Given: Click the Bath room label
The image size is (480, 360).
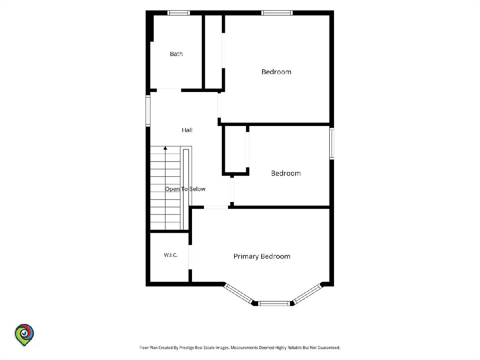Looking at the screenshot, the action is [176, 54].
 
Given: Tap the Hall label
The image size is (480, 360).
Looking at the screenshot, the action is [187, 130].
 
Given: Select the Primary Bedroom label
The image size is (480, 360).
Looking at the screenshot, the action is [262, 256].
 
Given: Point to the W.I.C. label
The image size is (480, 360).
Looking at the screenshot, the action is [170, 255].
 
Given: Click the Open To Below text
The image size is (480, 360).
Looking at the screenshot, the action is [185, 189].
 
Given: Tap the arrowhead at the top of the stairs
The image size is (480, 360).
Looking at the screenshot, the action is [165, 148].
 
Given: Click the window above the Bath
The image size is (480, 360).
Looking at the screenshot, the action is [179, 13].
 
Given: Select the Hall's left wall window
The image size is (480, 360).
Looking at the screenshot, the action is [148, 111].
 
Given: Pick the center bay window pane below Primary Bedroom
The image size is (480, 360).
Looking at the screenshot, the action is [274, 303].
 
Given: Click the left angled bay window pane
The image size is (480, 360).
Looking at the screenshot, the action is [238, 294].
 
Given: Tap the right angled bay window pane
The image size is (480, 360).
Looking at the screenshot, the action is [308, 294].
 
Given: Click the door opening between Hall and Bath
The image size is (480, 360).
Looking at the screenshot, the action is [169, 90].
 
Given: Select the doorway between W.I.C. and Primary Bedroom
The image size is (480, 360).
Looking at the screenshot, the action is [190, 257].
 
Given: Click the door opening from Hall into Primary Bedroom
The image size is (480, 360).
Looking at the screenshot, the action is [216, 207].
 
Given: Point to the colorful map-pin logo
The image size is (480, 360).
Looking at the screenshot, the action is [24, 335].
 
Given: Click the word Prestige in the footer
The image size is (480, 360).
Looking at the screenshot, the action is [186, 348].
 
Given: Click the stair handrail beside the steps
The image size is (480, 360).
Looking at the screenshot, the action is [186, 189].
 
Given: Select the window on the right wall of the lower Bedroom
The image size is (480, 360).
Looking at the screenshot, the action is [332, 143].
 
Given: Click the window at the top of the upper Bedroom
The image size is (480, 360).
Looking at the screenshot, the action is [277, 13].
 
